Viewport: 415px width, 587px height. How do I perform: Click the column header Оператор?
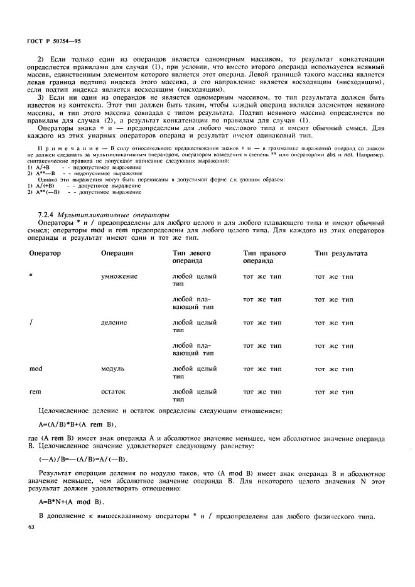pyautogui.click(x=45, y=253)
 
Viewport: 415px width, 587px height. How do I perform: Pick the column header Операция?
pyautogui.click(x=117, y=253)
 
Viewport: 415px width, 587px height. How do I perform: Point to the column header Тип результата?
pyautogui.click(x=341, y=253)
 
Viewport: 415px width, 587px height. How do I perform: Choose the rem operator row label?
pyautogui.click(x=35, y=391)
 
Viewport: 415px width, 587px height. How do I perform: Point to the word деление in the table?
pyautogui.click(x=114, y=322)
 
